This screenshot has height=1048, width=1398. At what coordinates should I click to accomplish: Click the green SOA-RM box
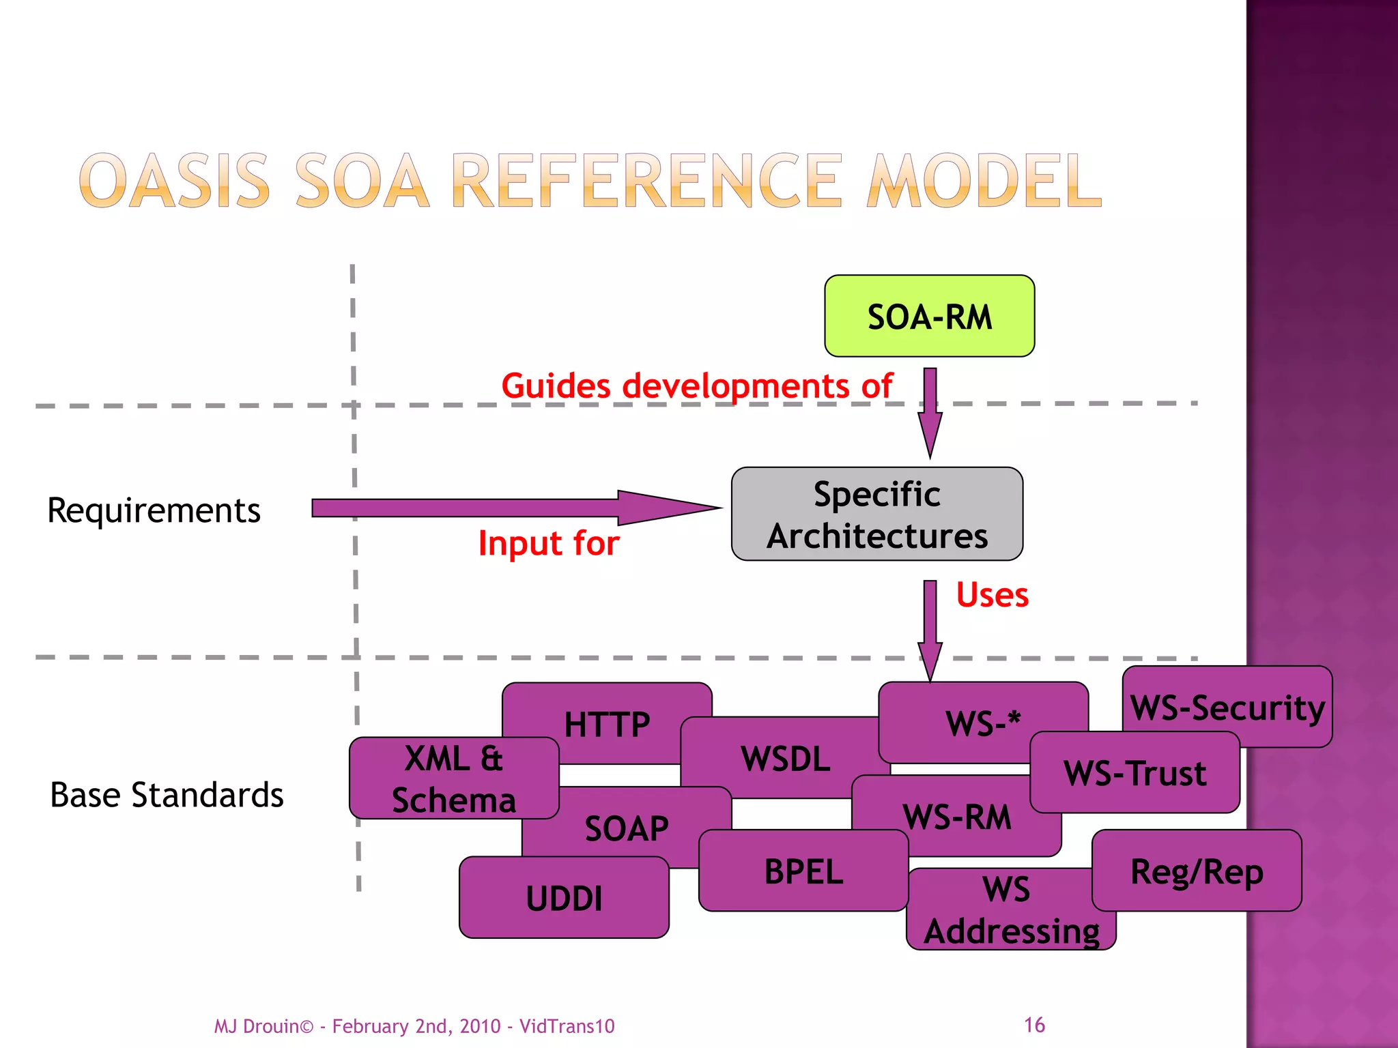click(929, 316)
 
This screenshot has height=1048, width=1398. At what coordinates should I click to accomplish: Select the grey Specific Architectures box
click(876, 514)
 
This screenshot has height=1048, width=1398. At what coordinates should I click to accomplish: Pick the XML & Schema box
click(453, 778)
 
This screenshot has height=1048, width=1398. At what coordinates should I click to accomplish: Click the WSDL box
click(785, 758)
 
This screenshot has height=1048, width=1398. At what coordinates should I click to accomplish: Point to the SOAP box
click(626, 828)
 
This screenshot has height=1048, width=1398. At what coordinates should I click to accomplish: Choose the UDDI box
click(564, 897)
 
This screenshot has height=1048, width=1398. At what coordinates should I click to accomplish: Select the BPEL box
click(803, 871)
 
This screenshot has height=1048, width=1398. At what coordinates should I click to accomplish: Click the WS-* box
click(982, 721)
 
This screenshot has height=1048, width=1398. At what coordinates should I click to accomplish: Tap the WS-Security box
click(1227, 706)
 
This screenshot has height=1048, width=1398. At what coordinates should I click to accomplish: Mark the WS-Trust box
click(1135, 772)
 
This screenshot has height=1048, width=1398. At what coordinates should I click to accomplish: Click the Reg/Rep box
click(1197, 871)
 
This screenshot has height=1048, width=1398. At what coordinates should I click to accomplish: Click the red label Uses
click(992, 594)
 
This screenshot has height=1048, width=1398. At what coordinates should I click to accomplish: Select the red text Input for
click(549, 543)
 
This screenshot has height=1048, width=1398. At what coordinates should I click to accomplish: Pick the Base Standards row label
click(167, 795)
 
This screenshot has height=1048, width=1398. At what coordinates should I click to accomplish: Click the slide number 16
click(1034, 1024)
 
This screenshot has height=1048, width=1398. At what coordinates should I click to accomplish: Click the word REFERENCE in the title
click(646, 181)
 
